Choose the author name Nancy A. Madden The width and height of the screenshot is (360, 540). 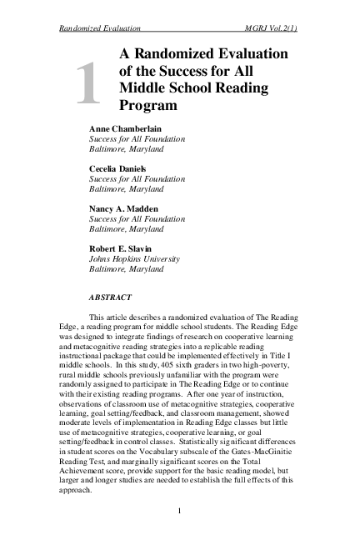[x=125, y=207]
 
